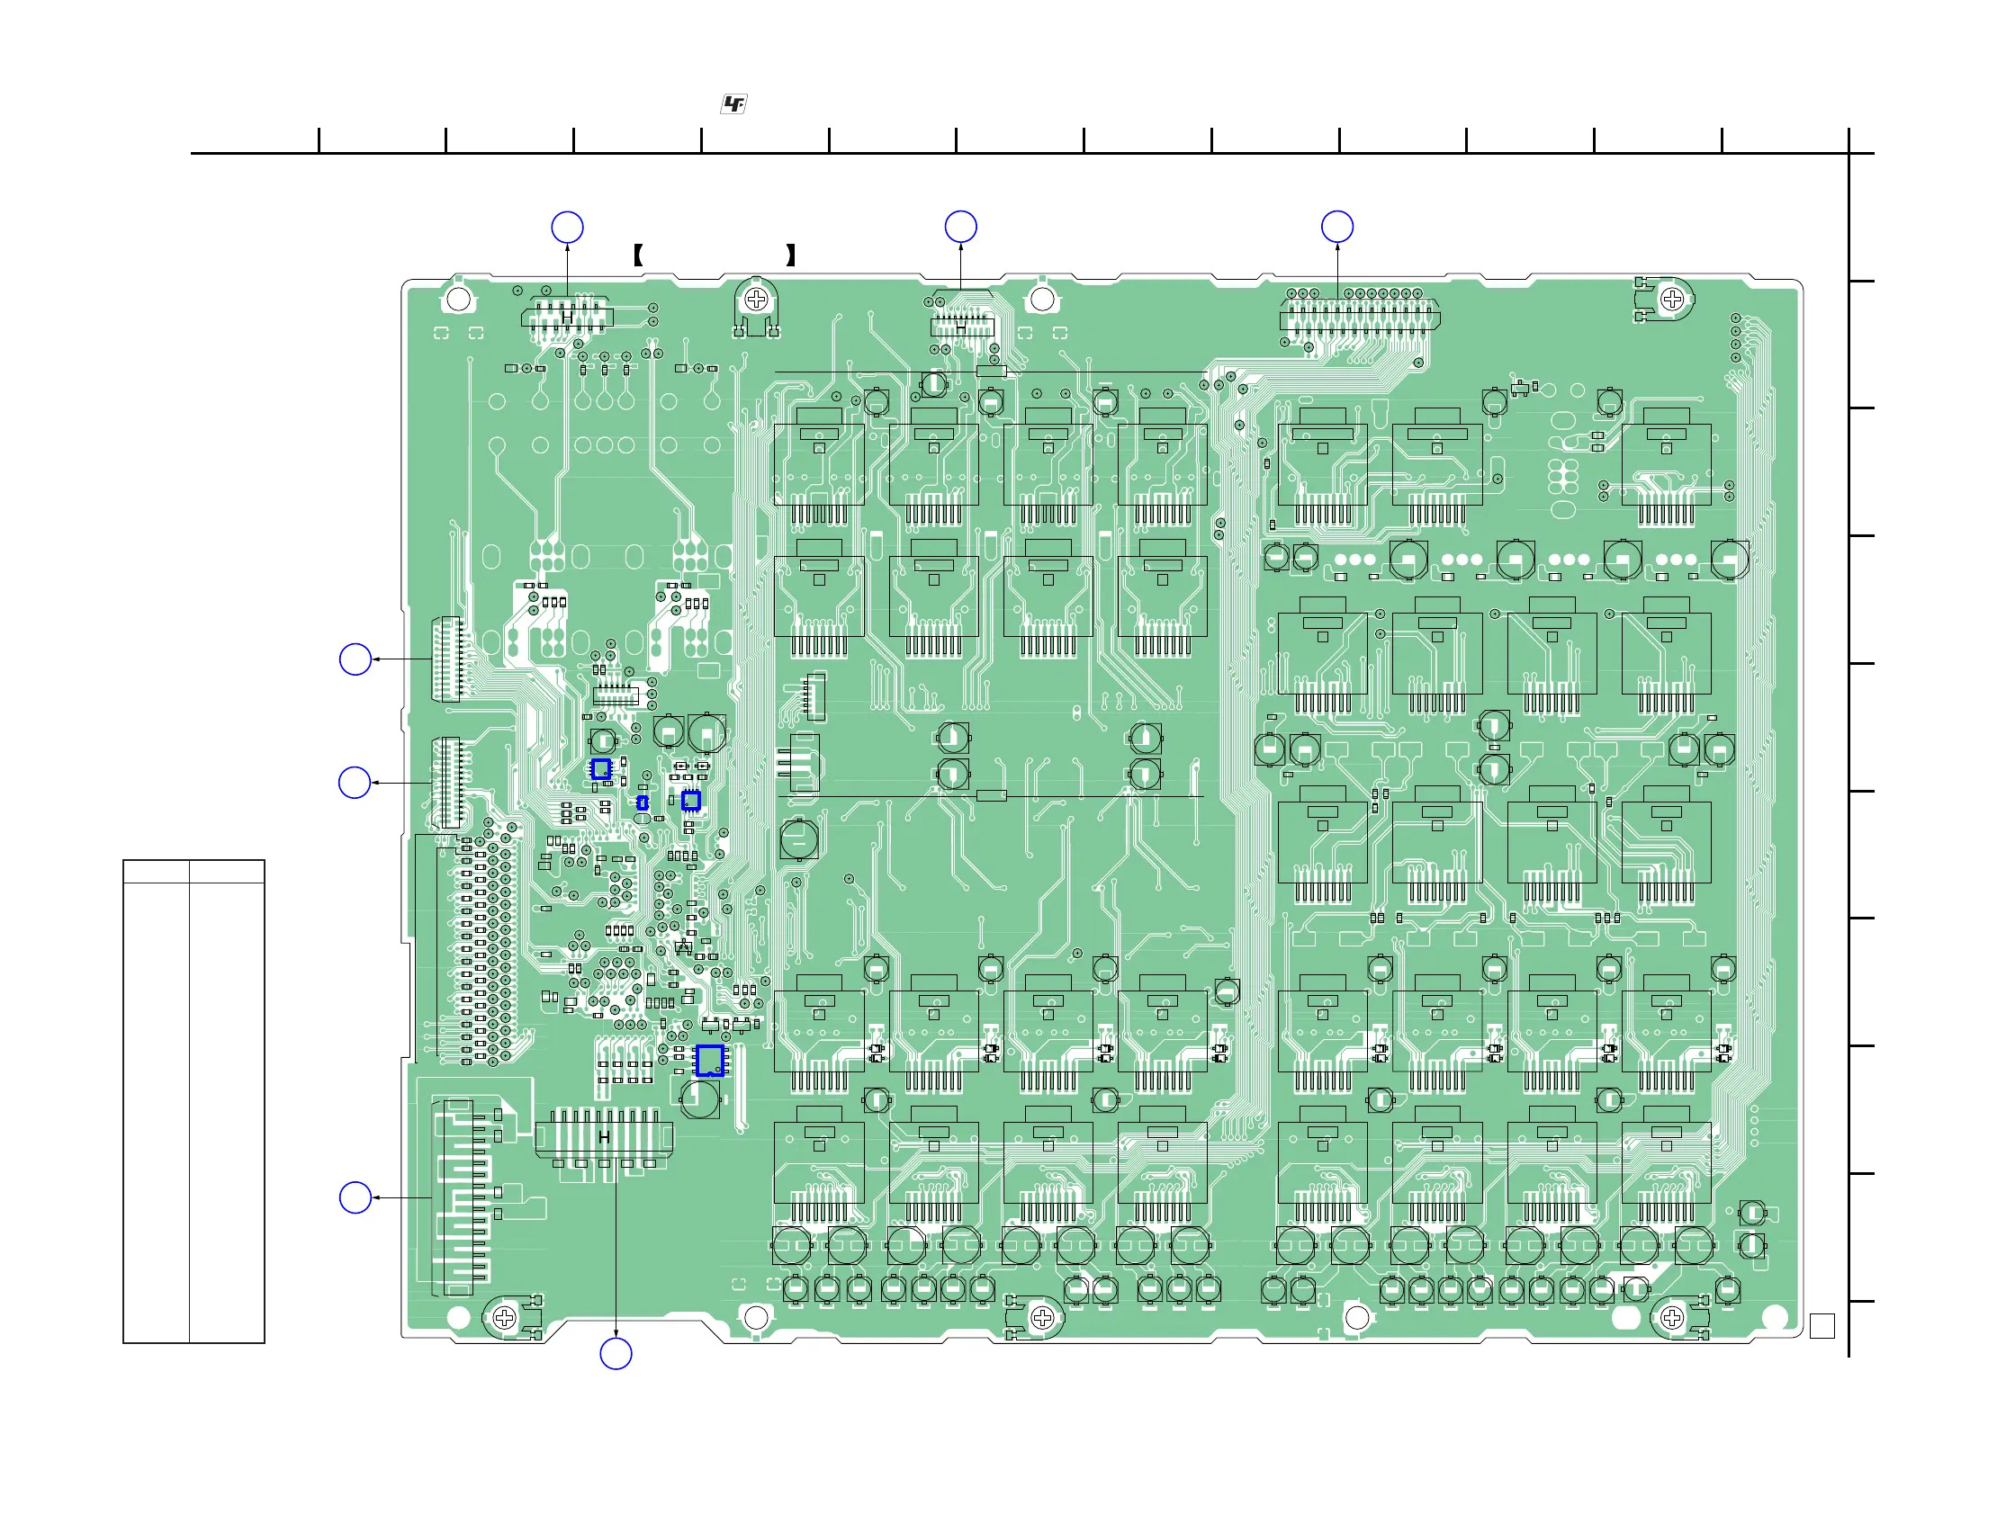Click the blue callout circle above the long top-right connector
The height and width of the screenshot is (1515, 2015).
[1336, 227]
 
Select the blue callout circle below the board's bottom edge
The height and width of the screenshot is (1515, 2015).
[616, 1354]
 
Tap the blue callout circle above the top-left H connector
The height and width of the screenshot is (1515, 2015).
[568, 228]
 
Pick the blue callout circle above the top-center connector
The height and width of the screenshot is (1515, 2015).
[961, 227]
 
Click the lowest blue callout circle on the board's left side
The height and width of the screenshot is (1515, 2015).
[355, 1197]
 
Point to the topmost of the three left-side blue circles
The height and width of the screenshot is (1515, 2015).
[355, 659]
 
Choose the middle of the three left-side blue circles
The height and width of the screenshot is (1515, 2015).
[355, 782]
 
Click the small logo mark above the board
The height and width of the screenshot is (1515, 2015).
[733, 103]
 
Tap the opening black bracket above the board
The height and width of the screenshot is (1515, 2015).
[639, 255]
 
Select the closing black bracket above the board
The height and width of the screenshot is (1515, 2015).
[791, 255]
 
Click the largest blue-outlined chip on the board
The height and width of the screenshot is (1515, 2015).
[710, 1060]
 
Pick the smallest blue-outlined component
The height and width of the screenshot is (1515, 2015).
[643, 802]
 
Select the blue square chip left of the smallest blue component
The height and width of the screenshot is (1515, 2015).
[600, 769]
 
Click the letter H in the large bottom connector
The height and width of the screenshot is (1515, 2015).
[604, 1137]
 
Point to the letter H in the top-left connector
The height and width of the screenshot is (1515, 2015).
[568, 316]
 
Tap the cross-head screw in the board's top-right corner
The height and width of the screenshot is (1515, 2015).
[1671, 299]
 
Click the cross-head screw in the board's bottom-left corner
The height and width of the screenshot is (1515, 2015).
[504, 1317]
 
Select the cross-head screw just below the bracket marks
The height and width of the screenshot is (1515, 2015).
[756, 299]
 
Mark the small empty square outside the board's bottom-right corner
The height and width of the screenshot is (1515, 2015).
[1822, 1326]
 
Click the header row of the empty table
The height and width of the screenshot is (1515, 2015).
[194, 872]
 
